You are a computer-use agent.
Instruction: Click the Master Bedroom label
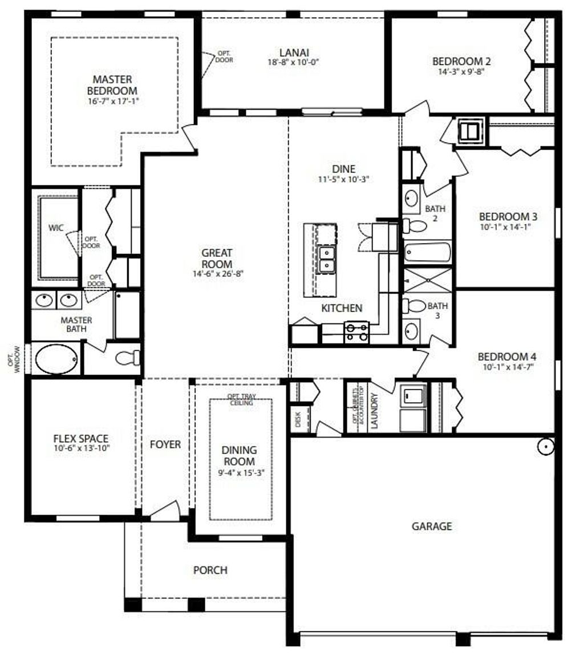112,85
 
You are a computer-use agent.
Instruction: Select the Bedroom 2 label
461,62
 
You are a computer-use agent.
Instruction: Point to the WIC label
56,228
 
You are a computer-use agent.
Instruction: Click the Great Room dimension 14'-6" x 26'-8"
217,274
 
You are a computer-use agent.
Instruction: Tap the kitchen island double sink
326,260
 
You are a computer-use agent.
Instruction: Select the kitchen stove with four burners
356,332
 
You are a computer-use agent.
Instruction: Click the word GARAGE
432,526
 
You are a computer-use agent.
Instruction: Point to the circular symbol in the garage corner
545,446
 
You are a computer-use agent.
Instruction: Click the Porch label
210,570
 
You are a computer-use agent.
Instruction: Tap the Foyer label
165,444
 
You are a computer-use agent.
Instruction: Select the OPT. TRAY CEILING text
240,399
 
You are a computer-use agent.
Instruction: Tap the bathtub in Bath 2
427,252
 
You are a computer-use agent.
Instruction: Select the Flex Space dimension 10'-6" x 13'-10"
80,448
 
